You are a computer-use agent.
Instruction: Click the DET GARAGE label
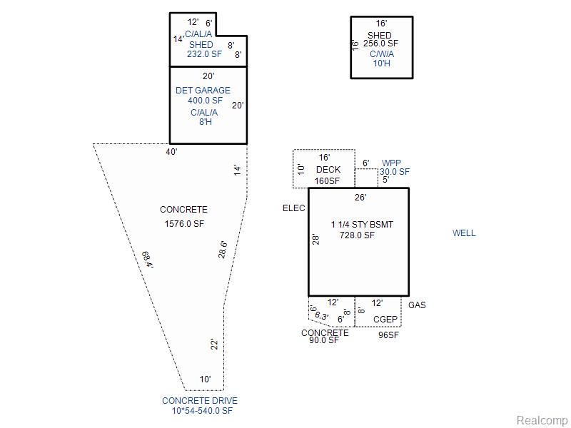pyautogui.click(x=203, y=91)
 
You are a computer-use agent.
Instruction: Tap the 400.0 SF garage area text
pyautogui.click(x=205, y=101)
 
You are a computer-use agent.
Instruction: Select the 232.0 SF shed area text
pyautogui.click(x=204, y=54)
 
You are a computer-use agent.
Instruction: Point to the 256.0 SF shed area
pyautogui.click(x=381, y=44)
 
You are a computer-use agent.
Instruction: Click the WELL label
pyautogui.click(x=464, y=233)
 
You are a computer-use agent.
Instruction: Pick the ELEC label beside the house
pyautogui.click(x=294, y=208)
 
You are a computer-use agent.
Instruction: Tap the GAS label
pyautogui.click(x=417, y=305)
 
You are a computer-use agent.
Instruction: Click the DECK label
pyautogui.click(x=328, y=170)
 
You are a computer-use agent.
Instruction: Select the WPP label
pyautogui.click(x=391, y=163)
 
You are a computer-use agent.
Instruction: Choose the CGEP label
pyautogui.click(x=385, y=320)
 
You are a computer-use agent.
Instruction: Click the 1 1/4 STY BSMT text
pyautogui.click(x=362, y=225)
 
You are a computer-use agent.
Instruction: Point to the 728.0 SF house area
pyautogui.click(x=357, y=235)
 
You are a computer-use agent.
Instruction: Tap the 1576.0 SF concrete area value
pyautogui.click(x=184, y=223)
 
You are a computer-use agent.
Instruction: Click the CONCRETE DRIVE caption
pyautogui.click(x=200, y=401)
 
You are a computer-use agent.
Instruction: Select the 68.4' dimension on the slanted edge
pyautogui.click(x=148, y=260)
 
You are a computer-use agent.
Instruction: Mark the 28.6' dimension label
pyautogui.click(x=223, y=249)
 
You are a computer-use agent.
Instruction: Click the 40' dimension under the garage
pyautogui.click(x=171, y=152)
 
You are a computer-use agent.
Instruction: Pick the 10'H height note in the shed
pyautogui.click(x=382, y=63)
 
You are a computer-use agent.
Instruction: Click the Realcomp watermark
pyautogui.click(x=542, y=420)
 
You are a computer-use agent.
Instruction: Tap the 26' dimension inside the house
pyautogui.click(x=360, y=198)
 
